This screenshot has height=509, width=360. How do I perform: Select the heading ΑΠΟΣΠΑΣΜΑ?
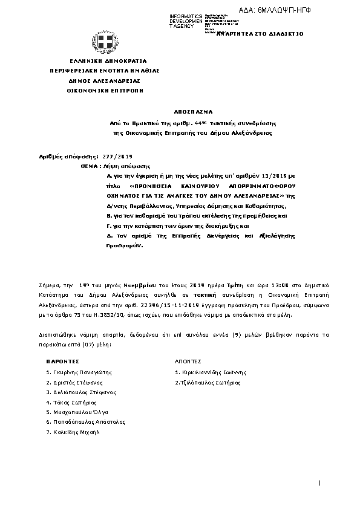click(191, 112)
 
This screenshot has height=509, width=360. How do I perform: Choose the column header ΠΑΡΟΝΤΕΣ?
click(62, 360)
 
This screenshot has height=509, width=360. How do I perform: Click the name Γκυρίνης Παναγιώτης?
click(79, 372)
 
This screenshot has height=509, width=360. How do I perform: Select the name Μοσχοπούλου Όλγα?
click(77, 412)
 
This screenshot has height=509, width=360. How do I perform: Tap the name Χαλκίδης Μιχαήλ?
click(71, 432)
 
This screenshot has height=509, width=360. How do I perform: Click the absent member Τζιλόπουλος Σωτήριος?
click(208, 382)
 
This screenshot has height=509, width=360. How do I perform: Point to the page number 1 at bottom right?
click(318, 482)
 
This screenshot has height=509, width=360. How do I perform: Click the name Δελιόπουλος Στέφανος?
click(81, 392)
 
